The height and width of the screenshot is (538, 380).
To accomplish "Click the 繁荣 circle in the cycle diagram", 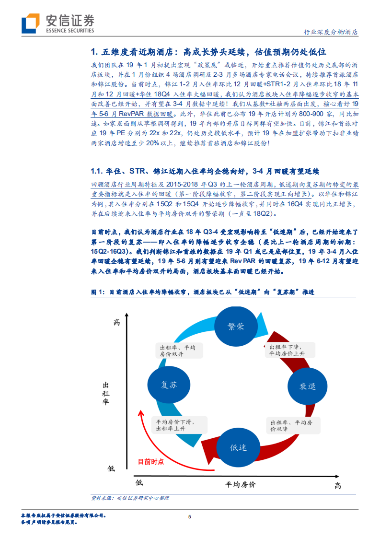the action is pyautogui.click(x=236, y=327).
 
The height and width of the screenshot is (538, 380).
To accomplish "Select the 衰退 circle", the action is pyautogui.click(x=308, y=386).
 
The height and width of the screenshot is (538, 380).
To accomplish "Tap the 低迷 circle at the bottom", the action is pyautogui.click(x=238, y=447).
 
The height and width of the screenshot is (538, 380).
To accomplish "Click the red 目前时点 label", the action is pyautogui.click(x=150, y=461).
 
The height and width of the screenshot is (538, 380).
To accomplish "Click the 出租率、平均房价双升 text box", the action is pyautogui.click(x=178, y=351).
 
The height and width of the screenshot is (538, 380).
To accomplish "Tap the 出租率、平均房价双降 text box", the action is pyautogui.click(x=291, y=425).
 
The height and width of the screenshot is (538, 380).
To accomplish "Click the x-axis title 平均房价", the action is pyautogui.click(x=241, y=484).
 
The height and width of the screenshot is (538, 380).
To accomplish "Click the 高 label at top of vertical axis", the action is pyautogui.click(x=116, y=322).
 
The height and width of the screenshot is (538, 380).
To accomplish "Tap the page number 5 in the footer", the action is pyautogui.click(x=190, y=516).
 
